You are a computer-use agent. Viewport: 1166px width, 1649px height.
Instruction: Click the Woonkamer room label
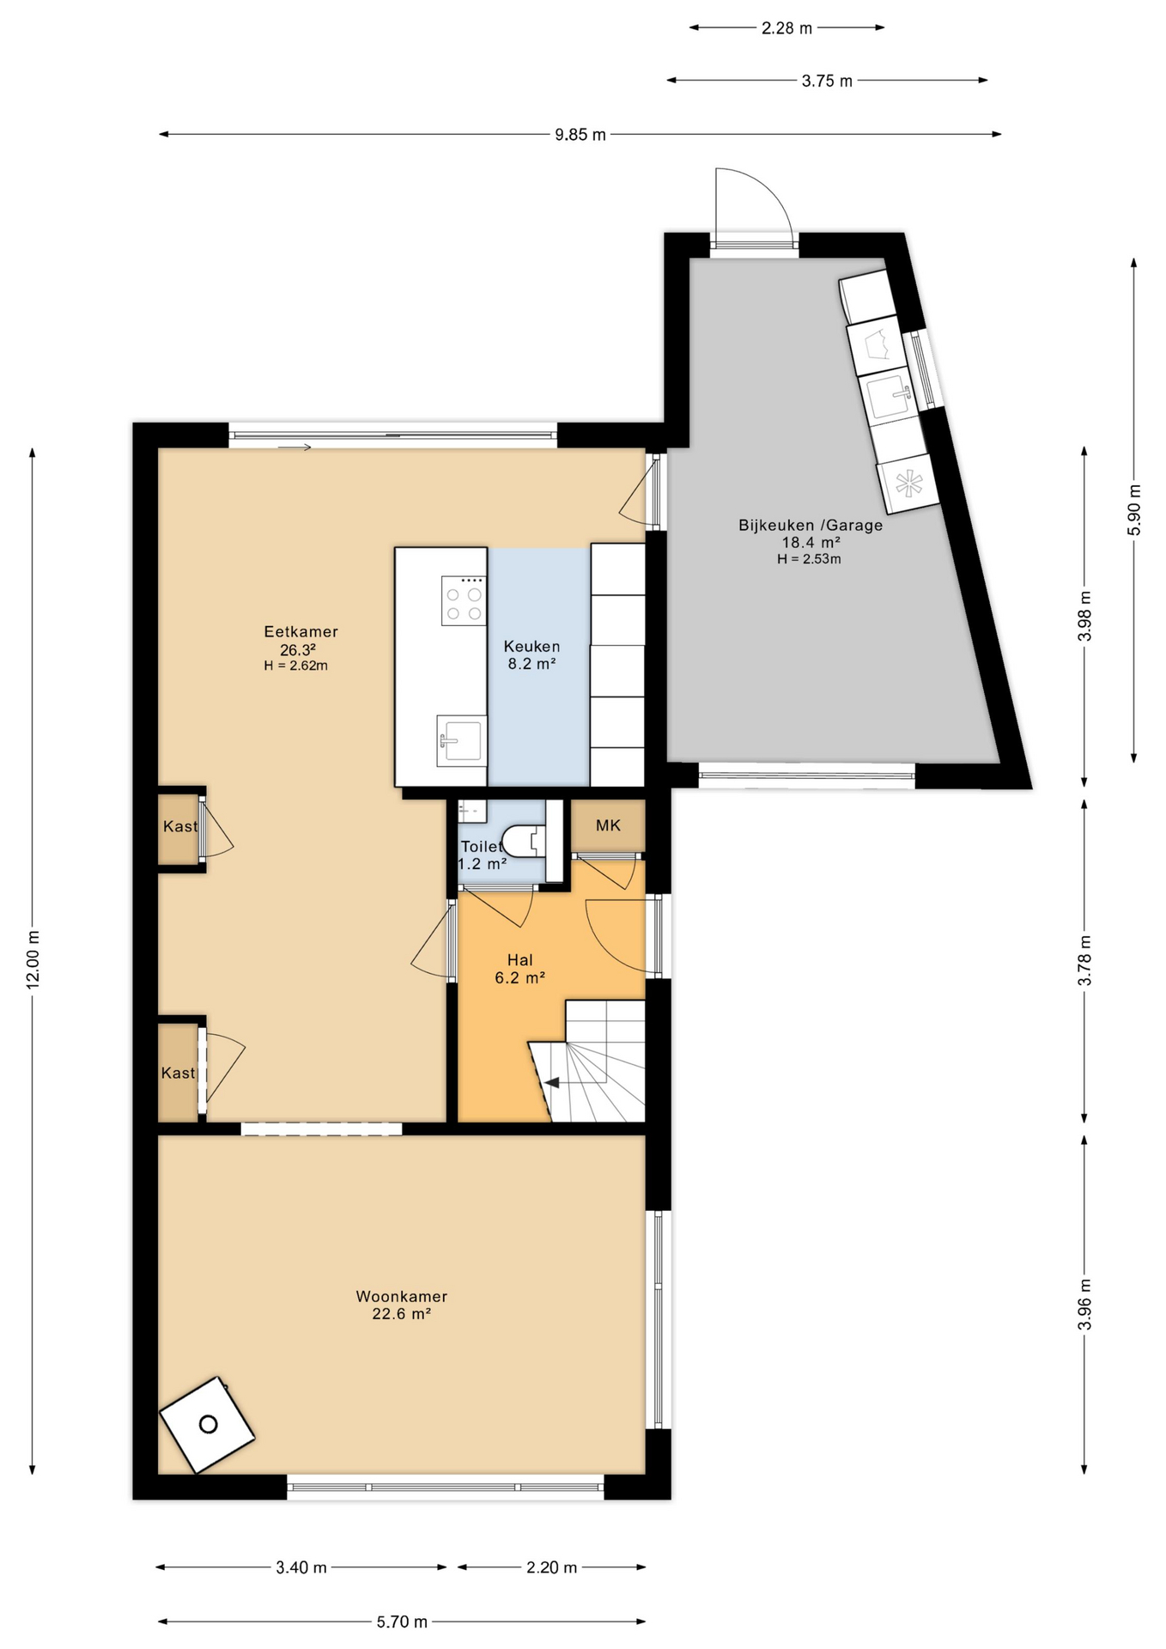[x=402, y=1297]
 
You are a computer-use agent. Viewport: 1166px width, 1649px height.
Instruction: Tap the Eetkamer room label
[x=301, y=632]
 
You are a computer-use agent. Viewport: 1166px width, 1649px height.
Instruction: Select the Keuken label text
[x=531, y=647]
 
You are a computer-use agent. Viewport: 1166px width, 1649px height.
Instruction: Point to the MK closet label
[x=608, y=825]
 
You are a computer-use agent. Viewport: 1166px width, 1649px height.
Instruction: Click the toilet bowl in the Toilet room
[x=524, y=840]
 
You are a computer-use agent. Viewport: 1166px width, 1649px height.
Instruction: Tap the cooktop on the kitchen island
[x=463, y=600]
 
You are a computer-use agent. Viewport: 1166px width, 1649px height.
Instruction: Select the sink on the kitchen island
[x=461, y=740]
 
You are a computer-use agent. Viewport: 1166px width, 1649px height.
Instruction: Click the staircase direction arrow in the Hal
[x=552, y=1082]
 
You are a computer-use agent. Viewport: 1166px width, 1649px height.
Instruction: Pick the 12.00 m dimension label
[x=33, y=959]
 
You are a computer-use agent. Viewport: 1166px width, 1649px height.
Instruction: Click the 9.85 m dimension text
[x=580, y=135]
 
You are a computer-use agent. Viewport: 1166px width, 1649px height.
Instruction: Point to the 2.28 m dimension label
[x=786, y=28]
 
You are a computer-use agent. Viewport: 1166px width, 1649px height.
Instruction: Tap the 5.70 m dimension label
[x=402, y=1622]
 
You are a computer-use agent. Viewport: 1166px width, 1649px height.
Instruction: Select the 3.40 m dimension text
[x=301, y=1567]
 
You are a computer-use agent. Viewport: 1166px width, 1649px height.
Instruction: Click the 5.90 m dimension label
[x=1134, y=510]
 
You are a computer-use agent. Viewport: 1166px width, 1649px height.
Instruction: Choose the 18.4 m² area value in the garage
[x=811, y=543]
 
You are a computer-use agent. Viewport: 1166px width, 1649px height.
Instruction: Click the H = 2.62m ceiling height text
[x=296, y=666]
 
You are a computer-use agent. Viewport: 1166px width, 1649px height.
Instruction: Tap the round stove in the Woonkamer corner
[x=208, y=1425]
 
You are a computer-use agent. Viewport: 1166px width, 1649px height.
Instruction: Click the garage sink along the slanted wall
[x=888, y=397]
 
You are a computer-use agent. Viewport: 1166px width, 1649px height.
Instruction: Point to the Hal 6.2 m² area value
[x=520, y=977]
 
